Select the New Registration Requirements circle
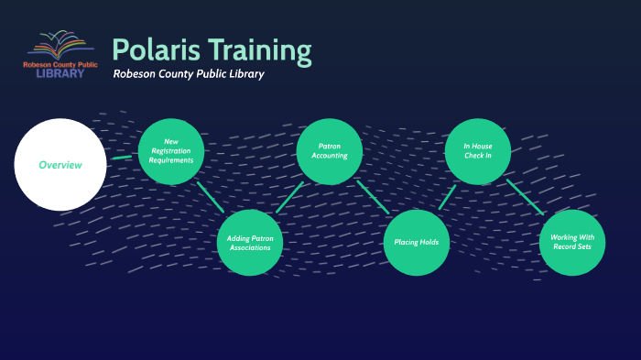[171, 152]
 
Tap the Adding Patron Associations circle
[249, 242]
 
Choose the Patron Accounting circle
[330, 151]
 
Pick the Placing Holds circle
[417, 243]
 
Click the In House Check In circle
[478, 151]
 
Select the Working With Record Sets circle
[572, 242]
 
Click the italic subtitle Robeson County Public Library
[189, 74]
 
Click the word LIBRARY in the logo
[60, 73]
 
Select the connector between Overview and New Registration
[122, 158]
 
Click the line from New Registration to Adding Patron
[211, 197]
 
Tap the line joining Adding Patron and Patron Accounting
[289, 197]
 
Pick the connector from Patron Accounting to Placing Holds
[374, 197]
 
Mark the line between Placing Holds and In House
[447, 197]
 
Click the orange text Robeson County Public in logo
[60, 64]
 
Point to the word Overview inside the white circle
[60, 165]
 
